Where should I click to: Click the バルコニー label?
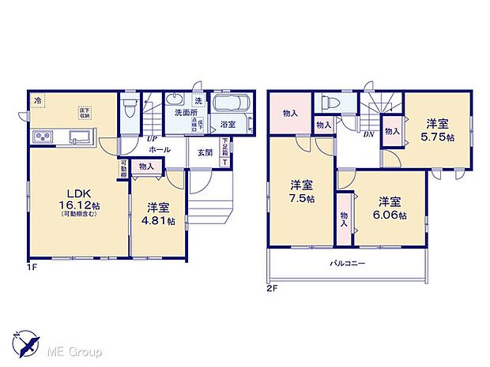347,264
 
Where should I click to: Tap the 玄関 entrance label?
204,153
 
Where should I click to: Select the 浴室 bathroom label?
228,124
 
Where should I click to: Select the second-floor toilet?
329,103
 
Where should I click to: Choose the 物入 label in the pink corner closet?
289,113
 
